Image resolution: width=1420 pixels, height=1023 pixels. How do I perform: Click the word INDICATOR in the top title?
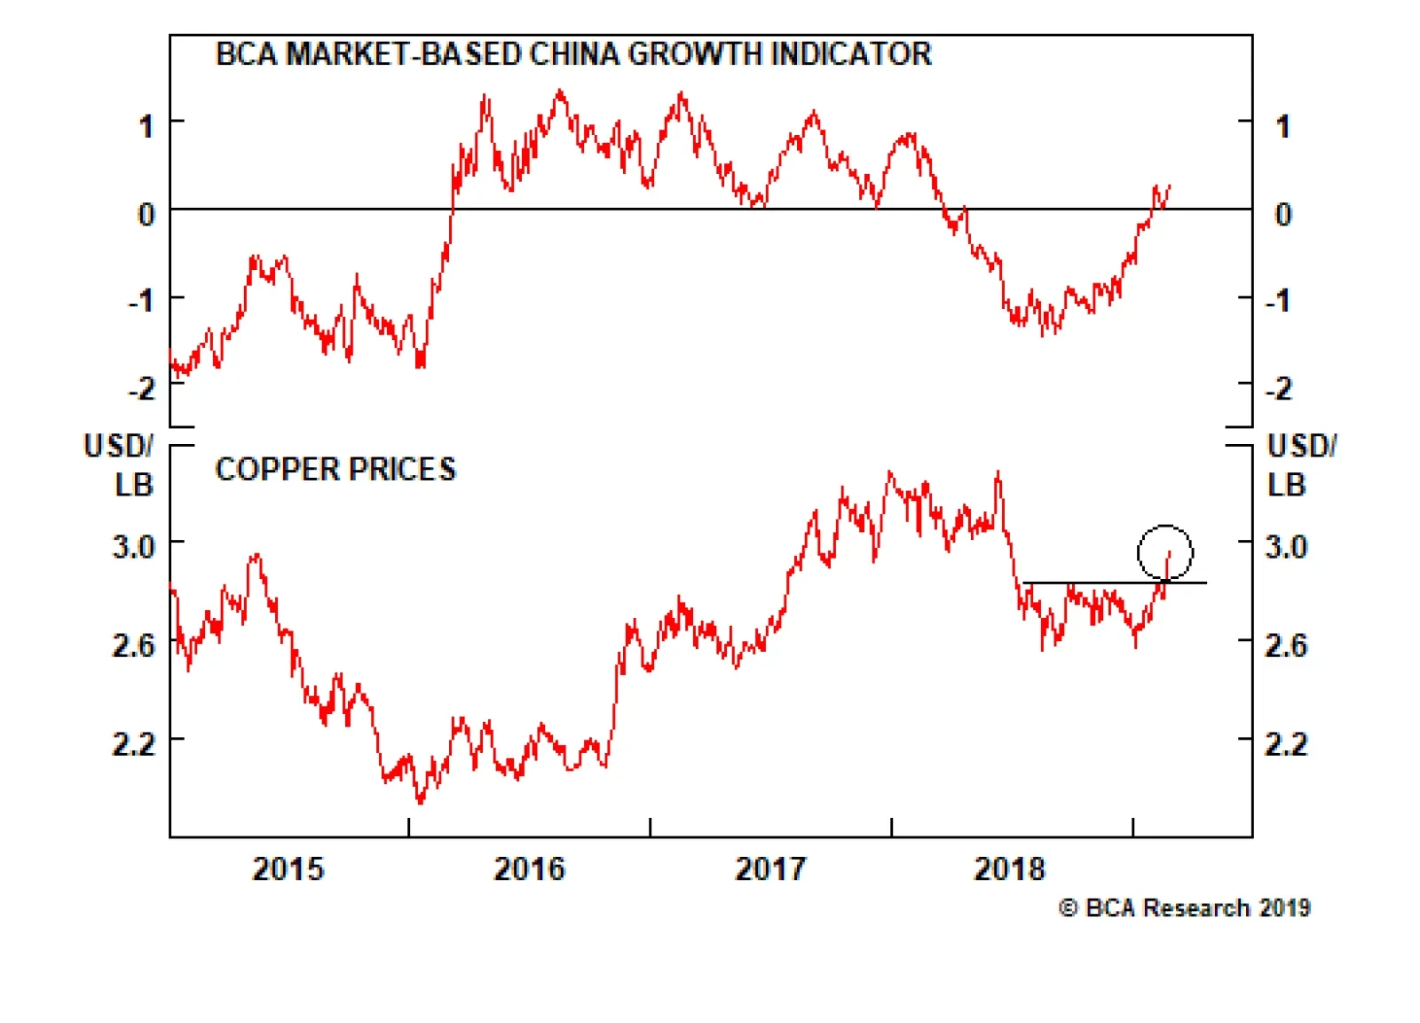[851, 54]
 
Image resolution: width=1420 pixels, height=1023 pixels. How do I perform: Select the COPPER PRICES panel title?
[335, 469]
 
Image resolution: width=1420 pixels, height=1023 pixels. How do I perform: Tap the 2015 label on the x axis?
[288, 868]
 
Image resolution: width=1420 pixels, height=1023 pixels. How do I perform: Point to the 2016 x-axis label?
[529, 868]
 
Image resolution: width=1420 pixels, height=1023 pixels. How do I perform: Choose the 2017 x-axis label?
[770, 868]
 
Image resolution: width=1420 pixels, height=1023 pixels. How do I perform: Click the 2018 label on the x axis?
[1010, 868]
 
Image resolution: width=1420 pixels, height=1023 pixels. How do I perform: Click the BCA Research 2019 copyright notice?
[1185, 908]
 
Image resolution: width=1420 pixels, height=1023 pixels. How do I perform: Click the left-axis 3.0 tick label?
[134, 546]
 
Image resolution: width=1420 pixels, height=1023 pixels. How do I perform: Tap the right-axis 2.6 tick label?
[1286, 645]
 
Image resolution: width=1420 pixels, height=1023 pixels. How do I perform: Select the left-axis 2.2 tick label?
[134, 743]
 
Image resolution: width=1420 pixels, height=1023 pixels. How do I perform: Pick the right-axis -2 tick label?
[1278, 388]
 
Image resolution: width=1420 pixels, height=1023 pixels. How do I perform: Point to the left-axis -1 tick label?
[141, 300]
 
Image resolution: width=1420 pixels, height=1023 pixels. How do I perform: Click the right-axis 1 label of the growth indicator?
[1282, 126]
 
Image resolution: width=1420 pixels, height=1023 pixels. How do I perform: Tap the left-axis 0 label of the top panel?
[146, 214]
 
